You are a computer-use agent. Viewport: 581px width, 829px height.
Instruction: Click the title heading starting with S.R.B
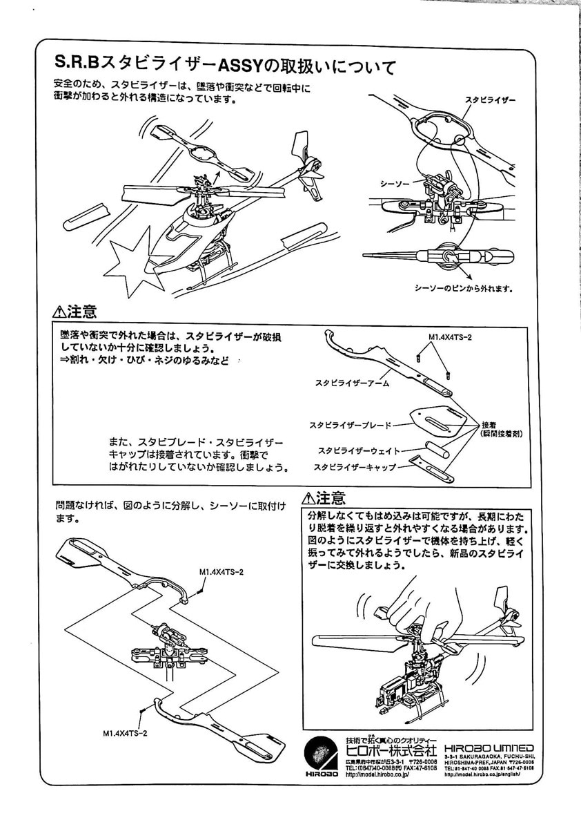[225, 66]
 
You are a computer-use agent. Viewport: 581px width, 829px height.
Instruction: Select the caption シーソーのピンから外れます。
[464, 287]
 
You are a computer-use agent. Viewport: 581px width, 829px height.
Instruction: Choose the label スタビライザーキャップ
[355, 468]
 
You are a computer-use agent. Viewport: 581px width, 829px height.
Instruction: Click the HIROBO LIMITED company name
[489, 748]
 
